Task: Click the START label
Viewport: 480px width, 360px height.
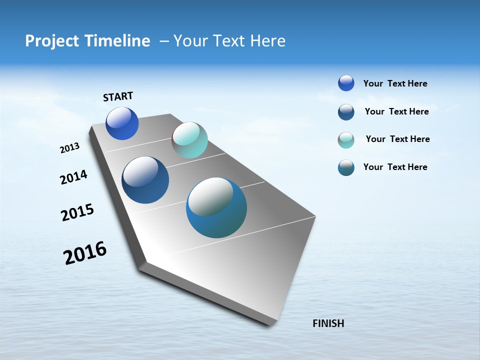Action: tap(118, 96)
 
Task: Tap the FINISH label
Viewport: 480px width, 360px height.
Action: tap(328, 323)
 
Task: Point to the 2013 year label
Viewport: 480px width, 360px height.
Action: tap(69, 148)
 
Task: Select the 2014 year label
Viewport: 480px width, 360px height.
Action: tap(73, 177)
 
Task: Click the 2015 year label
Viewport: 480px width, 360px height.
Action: tap(77, 212)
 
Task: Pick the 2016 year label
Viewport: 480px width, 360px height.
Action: tap(85, 253)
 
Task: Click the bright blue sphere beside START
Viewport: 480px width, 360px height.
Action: tap(122, 123)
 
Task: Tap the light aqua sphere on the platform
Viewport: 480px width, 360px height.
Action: tap(189, 140)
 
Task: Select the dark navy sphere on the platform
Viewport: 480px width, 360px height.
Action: tap(145, 180)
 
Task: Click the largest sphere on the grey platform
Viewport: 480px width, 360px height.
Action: tap(216, 207)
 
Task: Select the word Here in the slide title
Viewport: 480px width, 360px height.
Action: tap(267, 41)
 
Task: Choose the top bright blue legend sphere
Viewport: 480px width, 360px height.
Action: tap(346, 83)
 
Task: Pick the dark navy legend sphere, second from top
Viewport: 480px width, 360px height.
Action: tap(346, 112)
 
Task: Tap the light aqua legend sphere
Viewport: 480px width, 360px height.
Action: tap(346, 140)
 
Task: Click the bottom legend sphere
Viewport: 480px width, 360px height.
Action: tap(346, 167)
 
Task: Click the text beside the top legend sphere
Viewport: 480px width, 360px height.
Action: tap(395, 84)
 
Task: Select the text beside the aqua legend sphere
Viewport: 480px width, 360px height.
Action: tap(397, 139)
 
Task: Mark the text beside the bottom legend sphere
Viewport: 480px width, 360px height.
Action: tap(395, 167)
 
